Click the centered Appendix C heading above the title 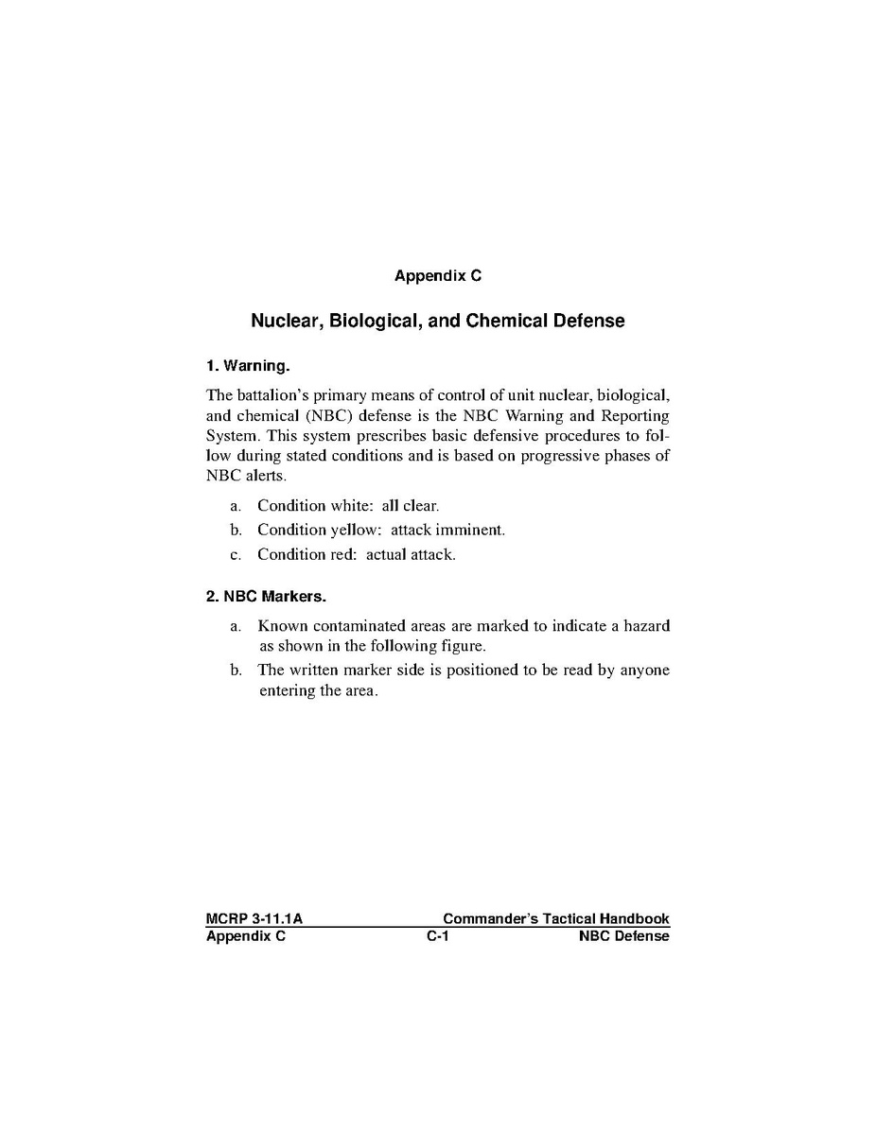tap(437, 276)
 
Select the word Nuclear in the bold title tap(286, 321)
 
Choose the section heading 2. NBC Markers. tap(266, 597)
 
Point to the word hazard tap(646, 625)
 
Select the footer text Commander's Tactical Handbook tap(555, 918)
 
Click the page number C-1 tap(437, 936)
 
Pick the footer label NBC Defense tap(623, 936)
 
